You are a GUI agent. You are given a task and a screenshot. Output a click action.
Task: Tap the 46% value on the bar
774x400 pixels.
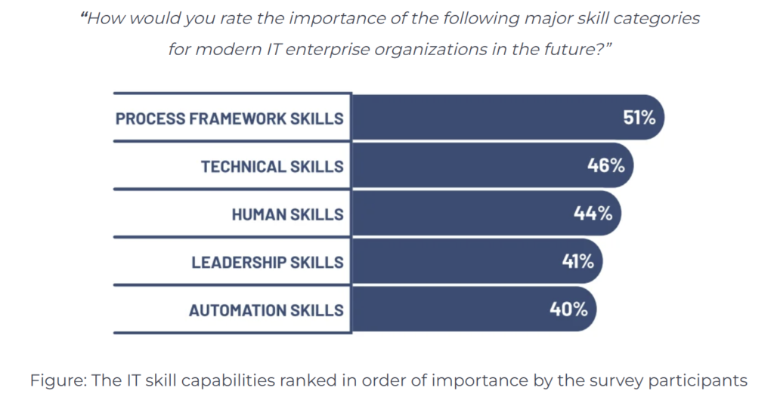[606, 165]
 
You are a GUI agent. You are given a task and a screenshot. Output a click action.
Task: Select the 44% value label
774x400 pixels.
[593, 214]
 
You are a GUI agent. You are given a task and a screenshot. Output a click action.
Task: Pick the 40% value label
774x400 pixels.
[568, 309]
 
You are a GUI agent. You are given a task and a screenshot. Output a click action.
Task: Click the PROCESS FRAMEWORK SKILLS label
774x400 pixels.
[229, 118]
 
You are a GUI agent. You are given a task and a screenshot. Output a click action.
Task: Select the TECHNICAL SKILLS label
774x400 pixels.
[272, 166]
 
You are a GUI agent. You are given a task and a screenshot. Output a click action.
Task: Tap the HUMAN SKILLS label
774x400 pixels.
[287, 214]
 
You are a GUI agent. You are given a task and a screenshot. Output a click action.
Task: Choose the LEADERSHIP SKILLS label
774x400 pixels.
[268, 262]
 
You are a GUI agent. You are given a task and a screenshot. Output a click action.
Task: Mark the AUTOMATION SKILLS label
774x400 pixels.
[266, 310]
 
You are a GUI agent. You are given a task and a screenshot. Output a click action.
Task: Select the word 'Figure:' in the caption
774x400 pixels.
[57, 380]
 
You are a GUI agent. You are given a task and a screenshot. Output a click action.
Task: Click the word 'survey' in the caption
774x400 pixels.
[609, 380]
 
